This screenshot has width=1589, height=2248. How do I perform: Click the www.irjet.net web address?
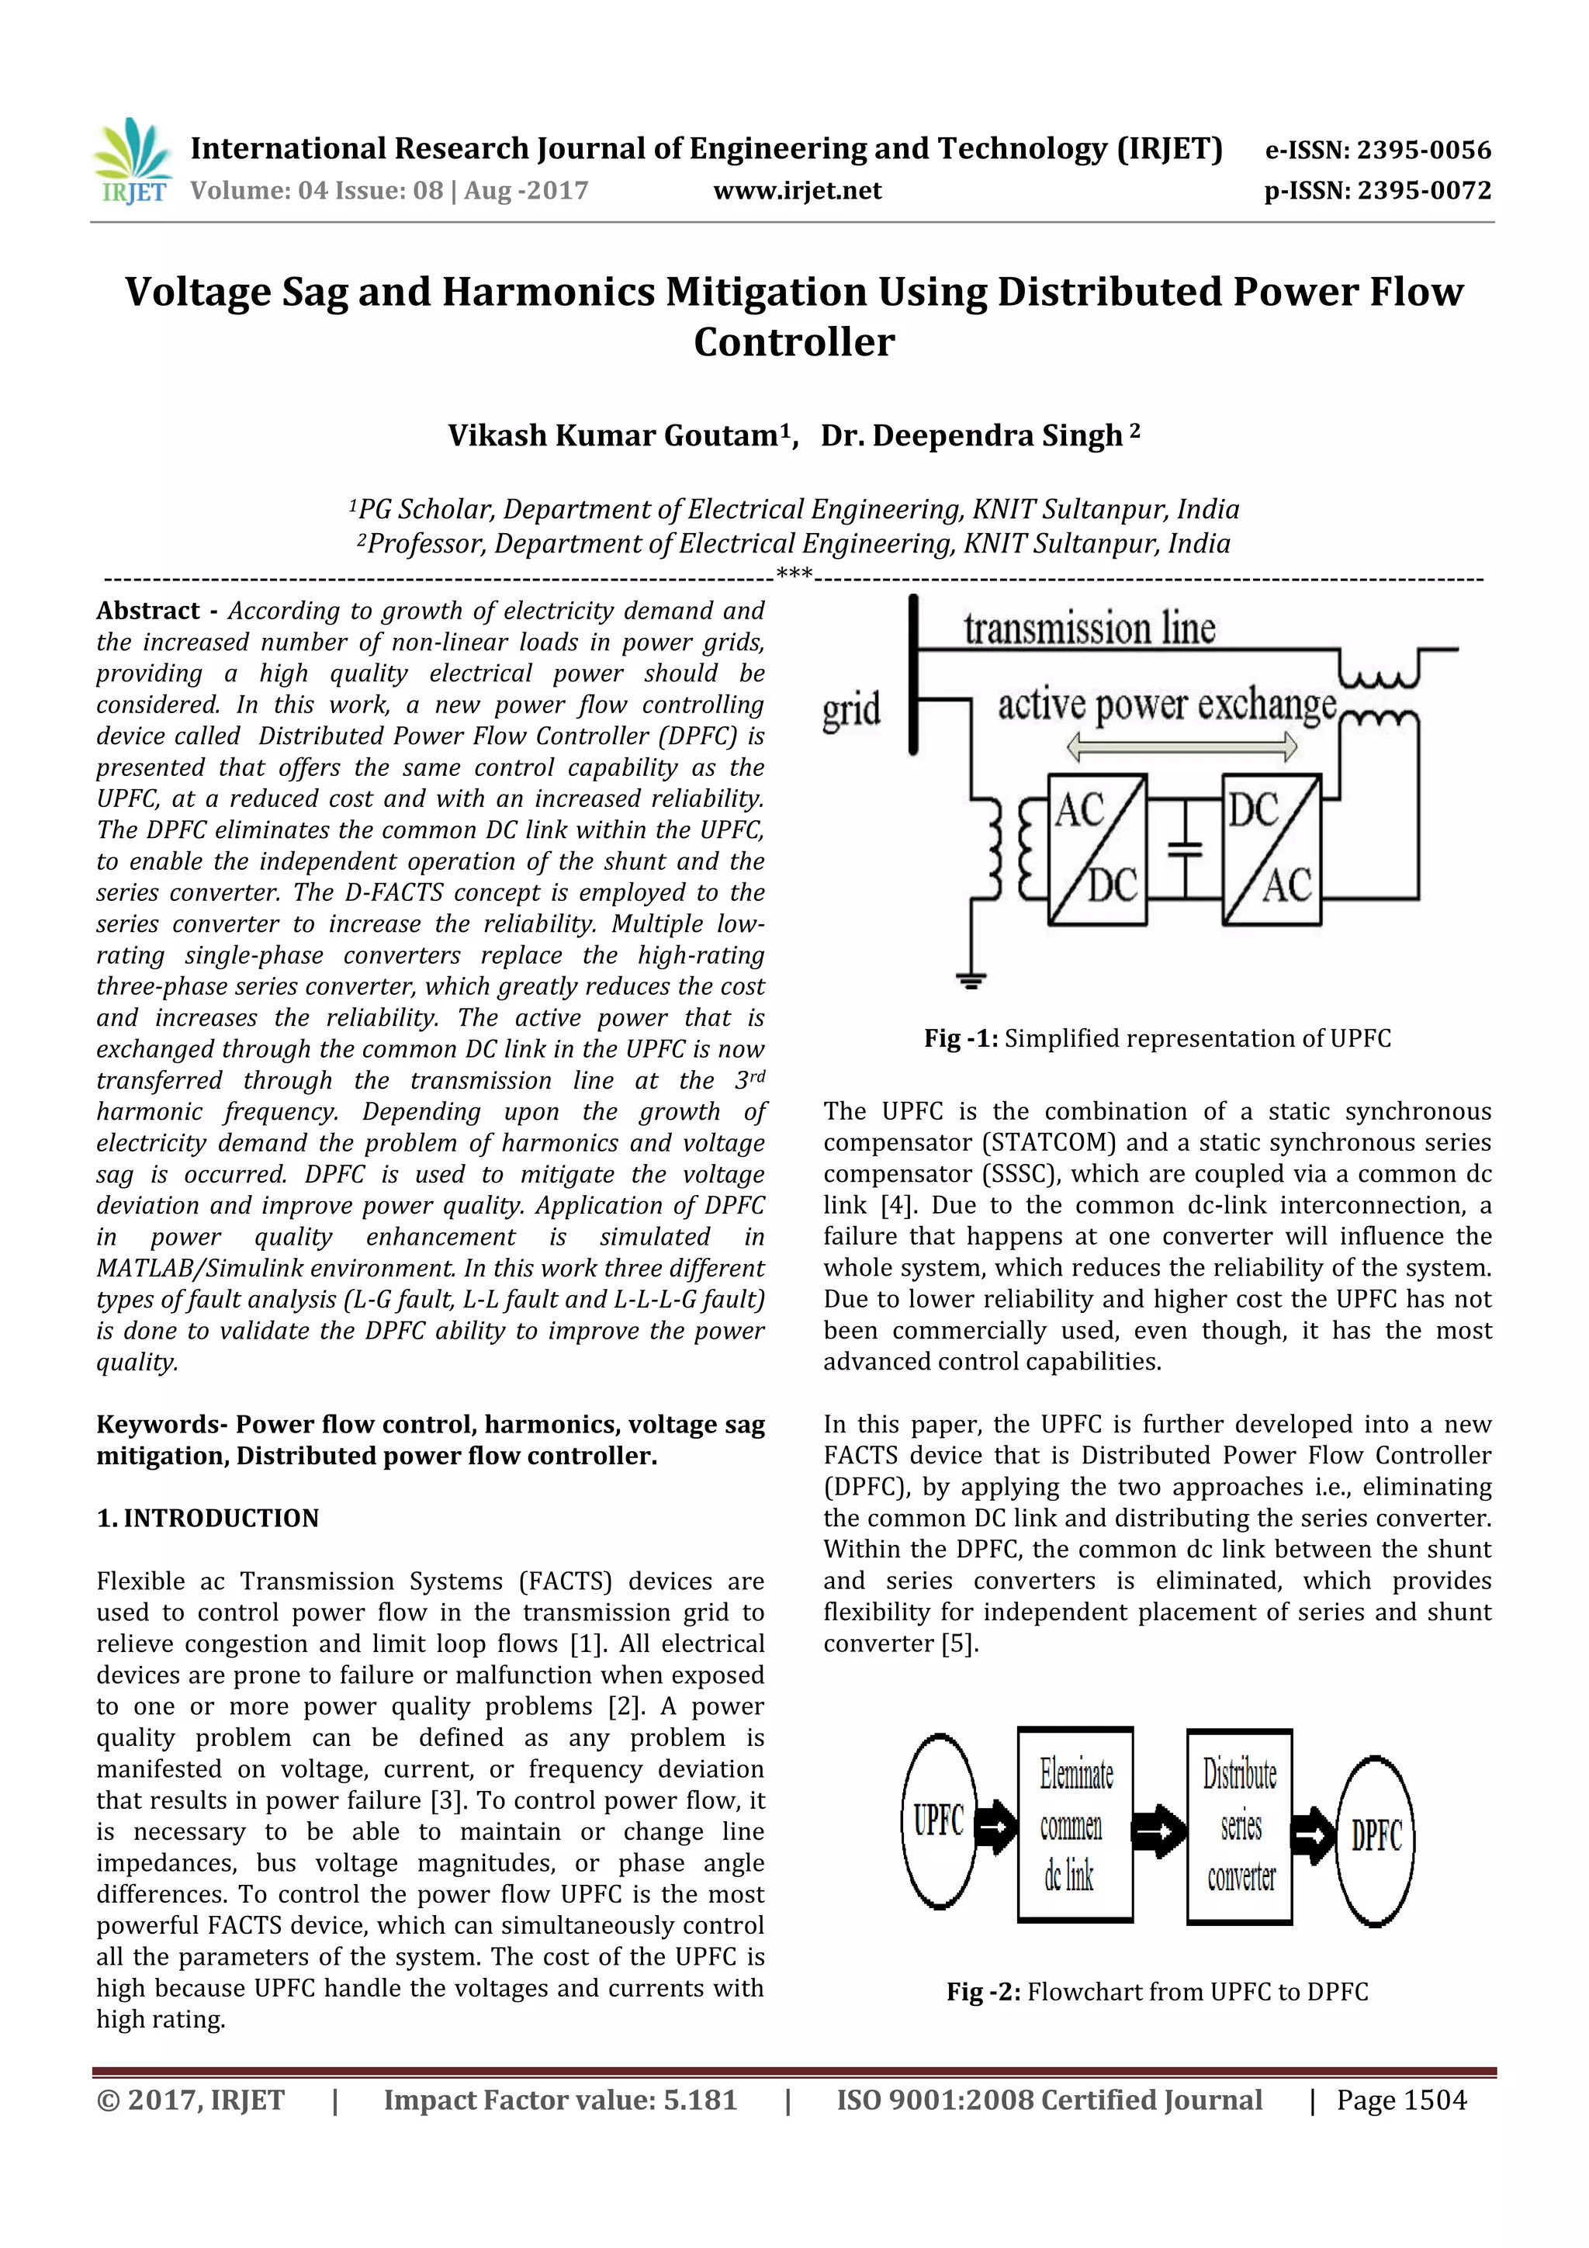[797, 191]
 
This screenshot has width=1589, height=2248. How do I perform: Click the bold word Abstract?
[148, 611]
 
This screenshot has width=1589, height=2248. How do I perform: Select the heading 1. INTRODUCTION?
[208, 1519]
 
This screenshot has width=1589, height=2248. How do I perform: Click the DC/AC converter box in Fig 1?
[1271, 849]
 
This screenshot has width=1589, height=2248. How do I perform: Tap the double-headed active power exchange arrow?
[1182, 748]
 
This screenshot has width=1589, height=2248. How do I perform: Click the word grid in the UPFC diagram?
[851, 709]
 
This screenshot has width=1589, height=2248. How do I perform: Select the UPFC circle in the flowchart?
[939, 1821]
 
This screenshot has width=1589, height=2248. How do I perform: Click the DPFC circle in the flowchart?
[1376, 1838]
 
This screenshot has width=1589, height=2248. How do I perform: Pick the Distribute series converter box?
[1240, 1826]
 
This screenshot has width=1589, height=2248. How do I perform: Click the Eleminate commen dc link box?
[1075, 1824]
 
